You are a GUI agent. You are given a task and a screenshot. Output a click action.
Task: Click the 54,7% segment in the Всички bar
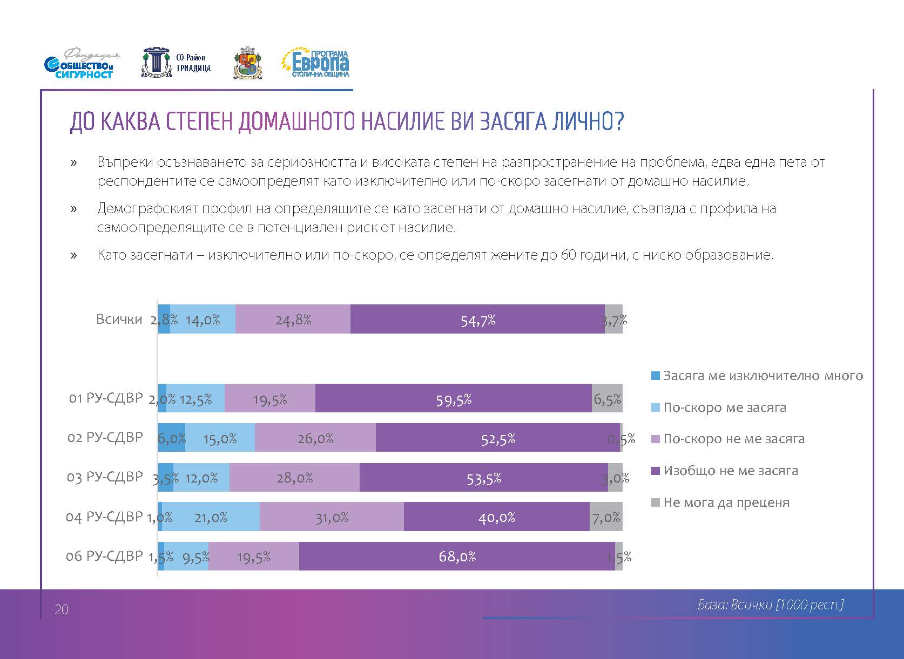click(477, 319)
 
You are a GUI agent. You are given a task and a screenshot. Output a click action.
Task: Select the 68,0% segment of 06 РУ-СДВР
click(457, 556)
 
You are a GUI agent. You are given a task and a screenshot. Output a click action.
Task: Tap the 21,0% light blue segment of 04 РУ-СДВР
click(211, 517)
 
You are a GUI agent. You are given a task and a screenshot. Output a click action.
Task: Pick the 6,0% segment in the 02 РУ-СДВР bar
click(172, 438)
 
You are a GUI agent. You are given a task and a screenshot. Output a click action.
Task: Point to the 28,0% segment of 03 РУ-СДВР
click(294, 478)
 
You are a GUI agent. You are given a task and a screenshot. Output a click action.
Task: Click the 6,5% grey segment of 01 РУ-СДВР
click(607, 399)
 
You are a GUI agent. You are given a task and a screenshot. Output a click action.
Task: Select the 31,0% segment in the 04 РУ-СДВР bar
click(332, 517)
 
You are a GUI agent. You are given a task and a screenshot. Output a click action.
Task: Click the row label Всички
click(119, 319)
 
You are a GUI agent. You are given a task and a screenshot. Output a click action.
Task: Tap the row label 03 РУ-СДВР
click(105, 477)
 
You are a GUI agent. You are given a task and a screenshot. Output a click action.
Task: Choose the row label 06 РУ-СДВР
click(104, 556)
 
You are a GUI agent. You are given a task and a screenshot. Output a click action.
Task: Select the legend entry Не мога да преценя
click(726, 502)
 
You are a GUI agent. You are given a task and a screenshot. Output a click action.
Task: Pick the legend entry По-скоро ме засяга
click(724, 407)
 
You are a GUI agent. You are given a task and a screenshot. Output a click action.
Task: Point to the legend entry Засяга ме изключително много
click(762, 376)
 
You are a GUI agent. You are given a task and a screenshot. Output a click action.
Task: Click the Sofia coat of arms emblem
click(248, 64)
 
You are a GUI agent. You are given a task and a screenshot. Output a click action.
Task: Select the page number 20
click(62, 610)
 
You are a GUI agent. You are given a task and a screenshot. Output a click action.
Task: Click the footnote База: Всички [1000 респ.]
click(770, 604)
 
